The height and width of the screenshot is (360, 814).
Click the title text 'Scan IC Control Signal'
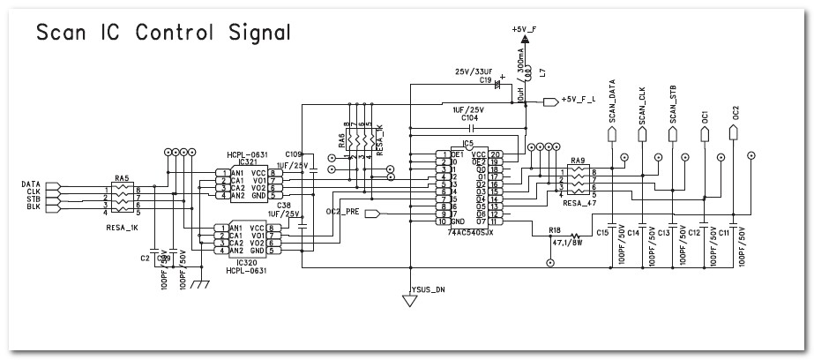162,33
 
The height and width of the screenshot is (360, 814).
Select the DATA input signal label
31,184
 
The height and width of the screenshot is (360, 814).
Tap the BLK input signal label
33,206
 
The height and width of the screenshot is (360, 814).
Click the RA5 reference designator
121,177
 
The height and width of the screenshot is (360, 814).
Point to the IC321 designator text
246,162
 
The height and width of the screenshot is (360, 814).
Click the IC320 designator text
246,262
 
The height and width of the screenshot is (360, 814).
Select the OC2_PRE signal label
342,212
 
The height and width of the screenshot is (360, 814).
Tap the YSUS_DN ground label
429,289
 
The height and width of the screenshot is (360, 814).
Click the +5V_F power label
523,29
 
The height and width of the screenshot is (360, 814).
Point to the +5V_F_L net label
579,100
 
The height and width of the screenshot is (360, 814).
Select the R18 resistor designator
554,229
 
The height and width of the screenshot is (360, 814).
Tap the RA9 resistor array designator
579,161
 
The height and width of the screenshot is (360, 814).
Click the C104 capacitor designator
469,116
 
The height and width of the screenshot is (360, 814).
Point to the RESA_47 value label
579,202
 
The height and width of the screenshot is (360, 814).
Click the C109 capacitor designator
293,155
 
